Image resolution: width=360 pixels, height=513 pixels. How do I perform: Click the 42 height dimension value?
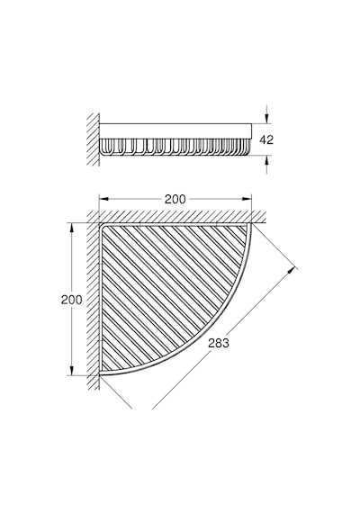click(266, 140)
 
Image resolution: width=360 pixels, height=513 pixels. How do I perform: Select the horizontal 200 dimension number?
click(175, 199)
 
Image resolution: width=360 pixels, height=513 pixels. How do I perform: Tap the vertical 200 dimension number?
click(72, 300)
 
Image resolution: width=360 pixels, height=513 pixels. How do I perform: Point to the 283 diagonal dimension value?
click(219, 343)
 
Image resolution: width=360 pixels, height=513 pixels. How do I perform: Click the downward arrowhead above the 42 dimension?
click(267, 118)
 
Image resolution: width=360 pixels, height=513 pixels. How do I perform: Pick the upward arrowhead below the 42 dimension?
click(267, 160)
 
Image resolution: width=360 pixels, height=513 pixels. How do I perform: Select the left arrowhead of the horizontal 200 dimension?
click(103, 199)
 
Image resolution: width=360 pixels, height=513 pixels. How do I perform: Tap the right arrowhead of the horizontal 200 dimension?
click(247, 199)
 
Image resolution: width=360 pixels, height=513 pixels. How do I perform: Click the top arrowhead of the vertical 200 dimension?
click(71, 229)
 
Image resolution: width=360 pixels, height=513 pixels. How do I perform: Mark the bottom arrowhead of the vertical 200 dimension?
click(71, 370)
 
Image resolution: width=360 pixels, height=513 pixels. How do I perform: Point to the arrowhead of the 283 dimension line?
click(292, 271)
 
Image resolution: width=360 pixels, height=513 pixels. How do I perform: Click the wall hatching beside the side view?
click(94, 139)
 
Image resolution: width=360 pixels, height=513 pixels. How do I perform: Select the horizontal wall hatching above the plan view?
click(176, 217)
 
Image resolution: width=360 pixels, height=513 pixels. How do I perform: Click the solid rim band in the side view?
click(175, 130)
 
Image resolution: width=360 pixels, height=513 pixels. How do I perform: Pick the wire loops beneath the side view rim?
click(175, 147)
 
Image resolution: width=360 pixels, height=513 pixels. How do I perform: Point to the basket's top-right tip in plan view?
click(251, 224)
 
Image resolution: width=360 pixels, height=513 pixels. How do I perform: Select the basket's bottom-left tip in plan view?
click(100, 374)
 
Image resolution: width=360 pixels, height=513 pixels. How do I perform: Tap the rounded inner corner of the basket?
click(102, 226)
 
